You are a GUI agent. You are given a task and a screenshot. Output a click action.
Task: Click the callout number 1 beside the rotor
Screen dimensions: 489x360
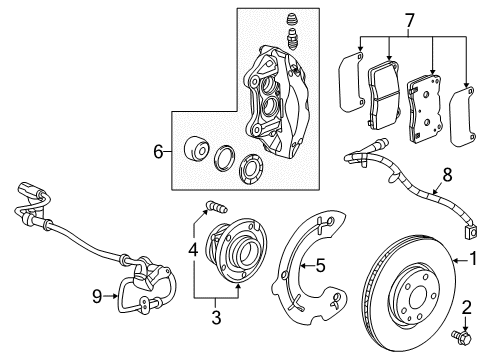coord(473,259)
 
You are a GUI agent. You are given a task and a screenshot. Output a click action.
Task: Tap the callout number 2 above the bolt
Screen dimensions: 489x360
coord(467,307)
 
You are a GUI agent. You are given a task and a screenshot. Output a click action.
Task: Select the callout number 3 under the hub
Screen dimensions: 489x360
coord(216,317)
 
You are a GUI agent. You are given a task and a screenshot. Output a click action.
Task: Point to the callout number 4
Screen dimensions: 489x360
coord(193,250)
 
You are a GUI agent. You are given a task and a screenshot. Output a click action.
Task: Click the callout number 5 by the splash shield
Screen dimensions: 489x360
coord(320,265)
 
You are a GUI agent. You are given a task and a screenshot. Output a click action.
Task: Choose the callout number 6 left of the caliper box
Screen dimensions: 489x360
coord(158,152)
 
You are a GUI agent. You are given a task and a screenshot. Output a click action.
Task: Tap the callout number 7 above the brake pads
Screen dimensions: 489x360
coord(409,21)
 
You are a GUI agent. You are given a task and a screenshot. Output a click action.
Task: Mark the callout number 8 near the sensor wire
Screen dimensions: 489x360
coord(447,175)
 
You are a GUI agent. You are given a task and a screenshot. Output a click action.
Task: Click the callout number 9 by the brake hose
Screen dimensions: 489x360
coord(97,296)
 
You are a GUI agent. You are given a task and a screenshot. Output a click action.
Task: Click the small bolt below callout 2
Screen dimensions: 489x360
coord(462,337)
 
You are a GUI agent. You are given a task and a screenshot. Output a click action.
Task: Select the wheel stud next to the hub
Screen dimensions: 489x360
coord(217,207)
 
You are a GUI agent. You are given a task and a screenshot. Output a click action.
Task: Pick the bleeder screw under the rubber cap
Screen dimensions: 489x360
coord(292,39)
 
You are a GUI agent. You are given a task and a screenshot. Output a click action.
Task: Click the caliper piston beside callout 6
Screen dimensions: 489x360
coord(196,149)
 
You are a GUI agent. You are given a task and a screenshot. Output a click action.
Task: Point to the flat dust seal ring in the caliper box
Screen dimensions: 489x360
coord(251,169)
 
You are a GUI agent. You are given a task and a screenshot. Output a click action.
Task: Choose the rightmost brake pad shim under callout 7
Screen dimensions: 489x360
coord(462,116)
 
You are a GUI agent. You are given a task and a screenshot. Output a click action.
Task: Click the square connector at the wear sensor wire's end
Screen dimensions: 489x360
coord(471,232)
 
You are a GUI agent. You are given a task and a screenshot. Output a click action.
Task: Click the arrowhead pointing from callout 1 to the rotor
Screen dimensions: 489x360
coord(455,261)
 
